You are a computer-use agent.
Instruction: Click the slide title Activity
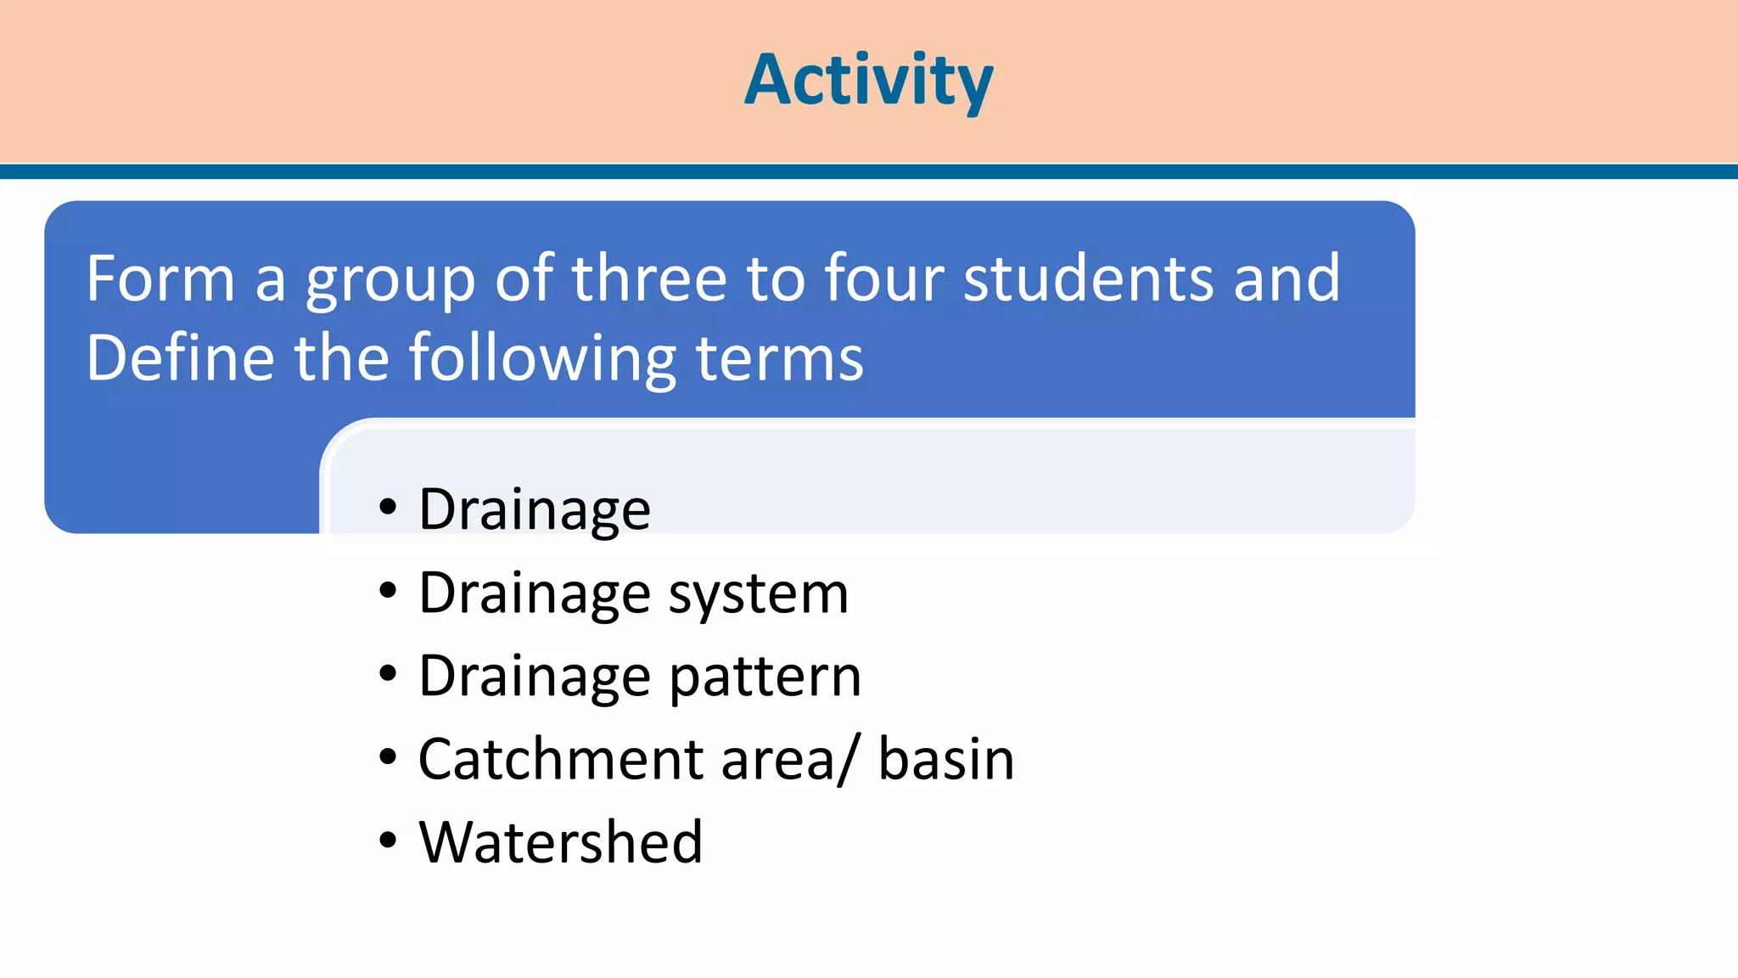868,80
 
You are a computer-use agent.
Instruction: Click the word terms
779,358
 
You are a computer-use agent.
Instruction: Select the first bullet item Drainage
535,509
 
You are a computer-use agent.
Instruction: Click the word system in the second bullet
758,593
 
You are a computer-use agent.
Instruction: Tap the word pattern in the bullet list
765,677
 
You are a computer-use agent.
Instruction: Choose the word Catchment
560,758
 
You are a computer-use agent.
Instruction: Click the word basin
945,758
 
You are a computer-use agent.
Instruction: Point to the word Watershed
560,841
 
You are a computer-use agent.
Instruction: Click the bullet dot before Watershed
388,841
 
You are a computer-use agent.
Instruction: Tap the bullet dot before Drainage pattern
388,675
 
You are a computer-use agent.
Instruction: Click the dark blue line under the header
868,172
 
